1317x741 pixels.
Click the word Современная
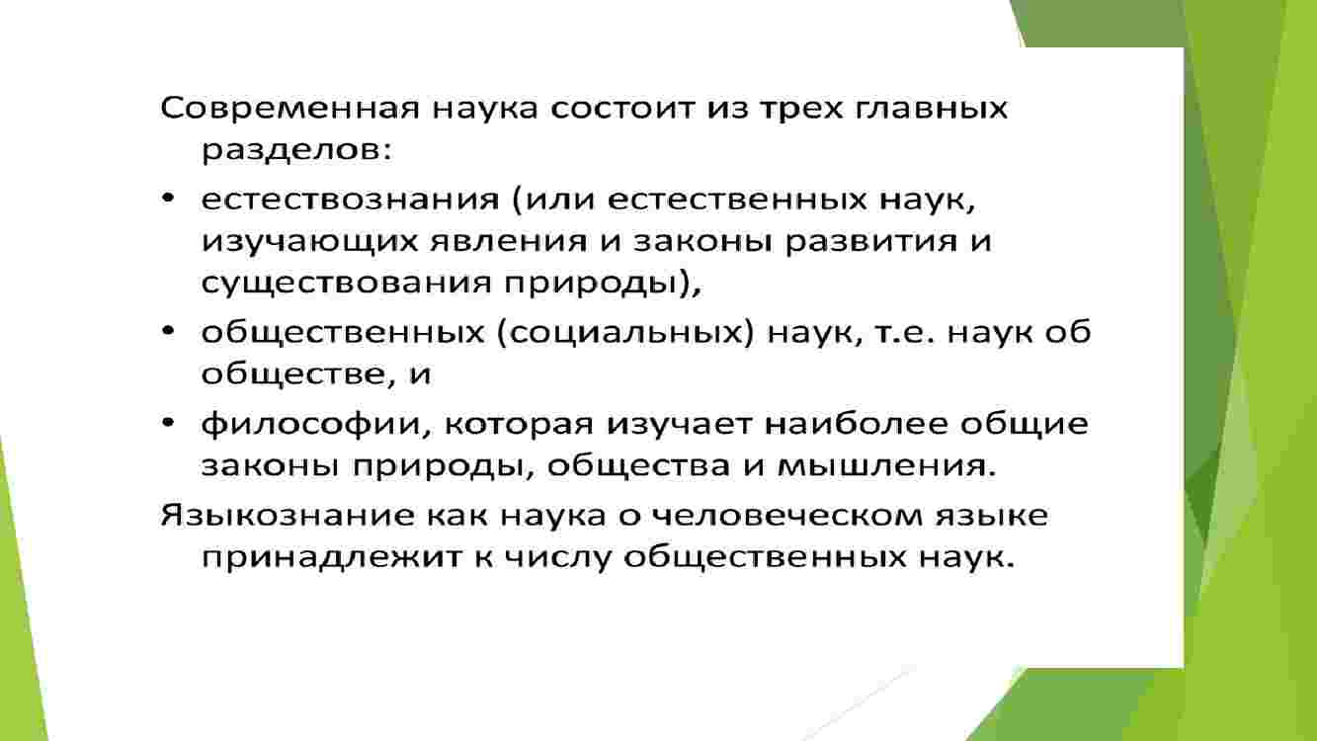pyautogui.click(x=289, y=109)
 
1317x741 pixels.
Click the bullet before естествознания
pyautogui.click(x=168, y=199)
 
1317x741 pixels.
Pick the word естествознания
pyautogui.click(x=350, y=200)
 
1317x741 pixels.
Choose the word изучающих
pyautogui.click(x=308, y=242)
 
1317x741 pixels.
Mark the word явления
pyautogui.click(x=509, y=242)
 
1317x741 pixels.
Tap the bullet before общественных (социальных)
pyautogui.click(x=168, y=331)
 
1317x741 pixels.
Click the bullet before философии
pyautogui.click(x=168, y=422)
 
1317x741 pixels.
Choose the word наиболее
pyautogui.click(x=856, y=423)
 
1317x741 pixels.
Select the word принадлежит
pyautogui.click(x=333, y=557)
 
